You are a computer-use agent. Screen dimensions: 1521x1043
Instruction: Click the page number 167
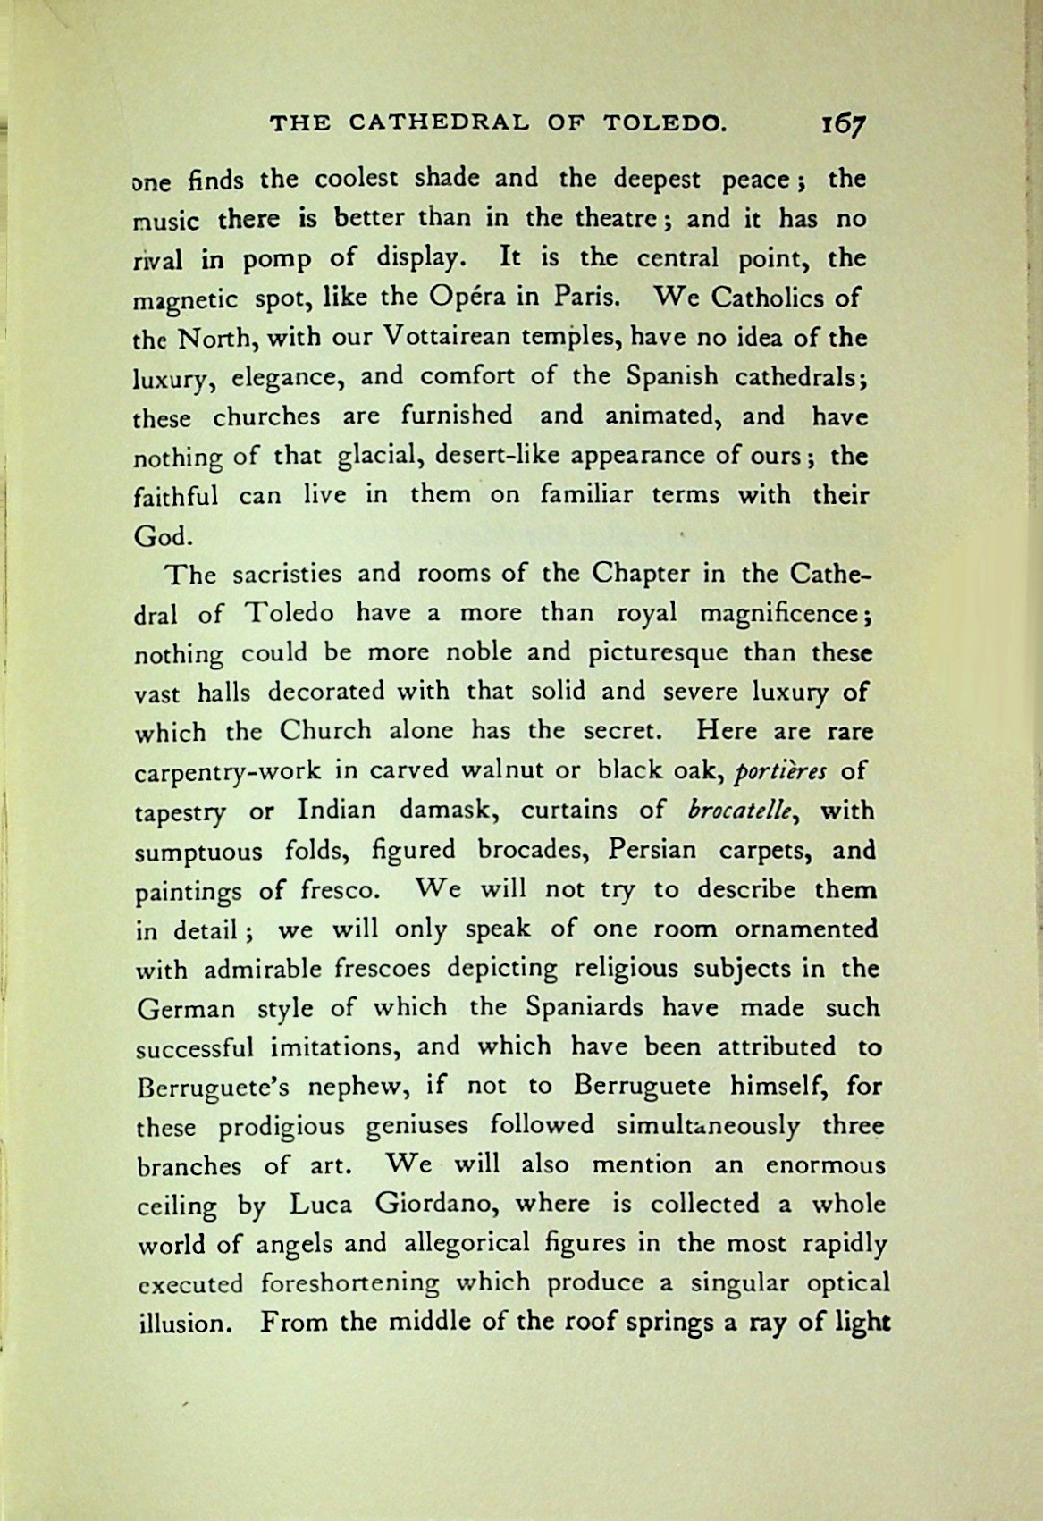click(843, 126)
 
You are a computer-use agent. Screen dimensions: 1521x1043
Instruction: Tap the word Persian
click(650, 850)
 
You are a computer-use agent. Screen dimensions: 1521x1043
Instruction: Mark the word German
click(186, 1009)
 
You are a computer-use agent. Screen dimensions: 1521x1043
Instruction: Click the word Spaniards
click(585, 1007)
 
